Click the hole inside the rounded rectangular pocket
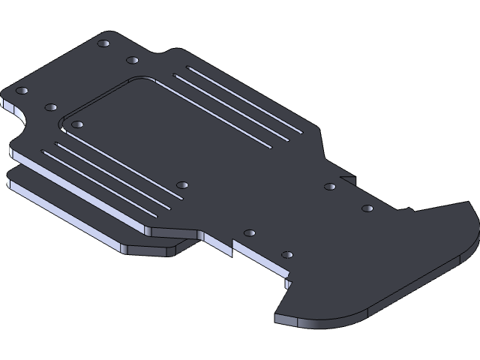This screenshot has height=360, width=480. [x=77, y=124]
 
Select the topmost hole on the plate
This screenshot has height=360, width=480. [x=103, y=43]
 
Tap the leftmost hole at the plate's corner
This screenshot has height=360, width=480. [x=22, y=91]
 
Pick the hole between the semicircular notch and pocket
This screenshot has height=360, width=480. [x=51, y=107]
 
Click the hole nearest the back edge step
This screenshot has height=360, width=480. [x=132, y=60]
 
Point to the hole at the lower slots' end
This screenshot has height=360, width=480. [x=182, y=184]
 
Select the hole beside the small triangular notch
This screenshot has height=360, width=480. [x=330, y=186]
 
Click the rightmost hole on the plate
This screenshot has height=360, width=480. [x=367, y=208]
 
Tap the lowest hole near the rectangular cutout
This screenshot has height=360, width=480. [x=286, y=255]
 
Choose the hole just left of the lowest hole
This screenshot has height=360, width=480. [x=250, y=233]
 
